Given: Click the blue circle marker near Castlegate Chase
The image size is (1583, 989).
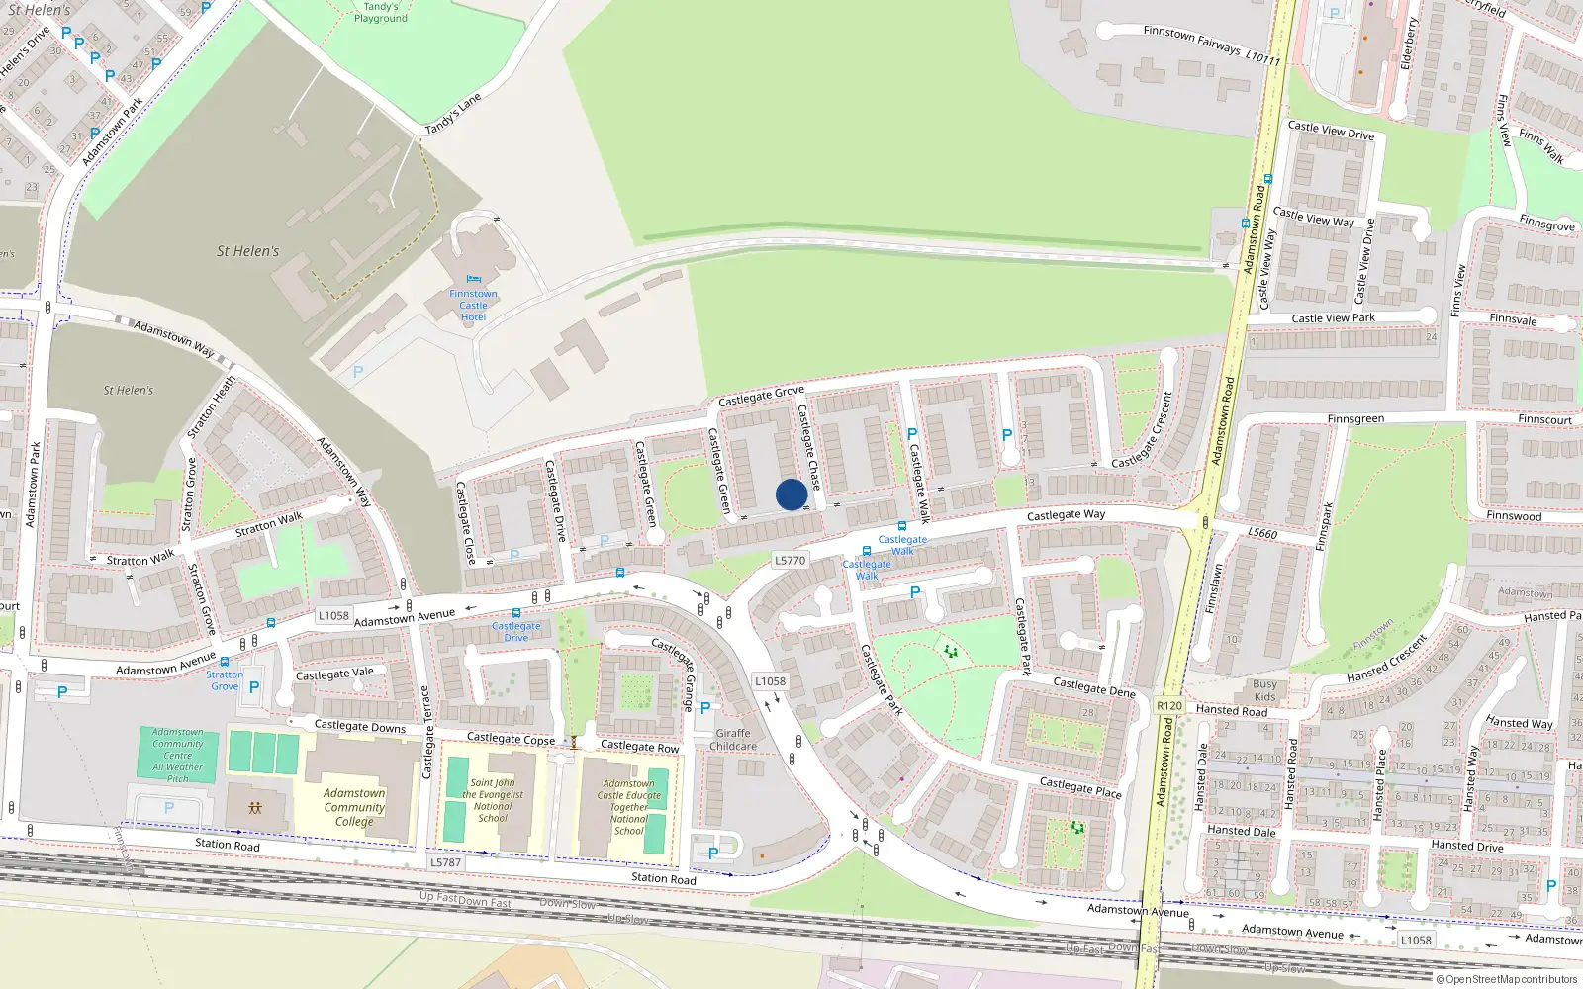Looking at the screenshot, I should click(791, 494).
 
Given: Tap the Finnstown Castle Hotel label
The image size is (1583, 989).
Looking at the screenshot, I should click(473, 305).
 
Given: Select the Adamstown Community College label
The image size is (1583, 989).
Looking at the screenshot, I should click(354, 807).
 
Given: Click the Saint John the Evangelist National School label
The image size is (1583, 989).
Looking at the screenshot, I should click(493, 800).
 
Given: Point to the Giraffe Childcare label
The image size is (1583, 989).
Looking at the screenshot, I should click(733, 740).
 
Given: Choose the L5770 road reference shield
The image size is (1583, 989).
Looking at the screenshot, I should click(790, 560).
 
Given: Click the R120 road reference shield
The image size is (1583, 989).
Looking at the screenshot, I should click(1169, 705).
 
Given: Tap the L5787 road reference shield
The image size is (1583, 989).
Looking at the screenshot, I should click(445, 862).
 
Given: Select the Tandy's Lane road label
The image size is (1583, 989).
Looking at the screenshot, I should click(453, 114).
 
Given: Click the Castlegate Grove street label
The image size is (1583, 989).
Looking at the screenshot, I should click(761, 396).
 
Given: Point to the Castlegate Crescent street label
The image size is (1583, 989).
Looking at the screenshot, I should click(1143, 430).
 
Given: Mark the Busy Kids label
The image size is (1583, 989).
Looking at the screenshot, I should click(1264, 690).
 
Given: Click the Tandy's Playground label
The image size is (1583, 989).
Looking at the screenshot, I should click(380, 12).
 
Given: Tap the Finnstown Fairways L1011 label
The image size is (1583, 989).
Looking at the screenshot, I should click(1211, 45).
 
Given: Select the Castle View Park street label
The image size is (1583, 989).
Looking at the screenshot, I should click(1333, 318).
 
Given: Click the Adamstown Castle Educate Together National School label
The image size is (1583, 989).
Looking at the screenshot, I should click(629, 807).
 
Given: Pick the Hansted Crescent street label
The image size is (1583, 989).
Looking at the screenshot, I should click(1386, 660).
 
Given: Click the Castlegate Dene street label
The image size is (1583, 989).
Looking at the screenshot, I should click(1093, 687).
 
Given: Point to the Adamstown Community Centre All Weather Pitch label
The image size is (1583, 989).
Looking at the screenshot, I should click(178, 756).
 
